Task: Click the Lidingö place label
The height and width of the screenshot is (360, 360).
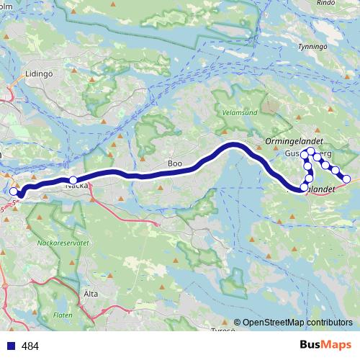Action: coord(38,73)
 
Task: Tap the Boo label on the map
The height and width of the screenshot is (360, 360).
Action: coord(174,163)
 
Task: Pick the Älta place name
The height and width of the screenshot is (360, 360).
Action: coord(91,294)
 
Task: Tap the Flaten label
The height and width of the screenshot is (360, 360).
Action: coord(62,315)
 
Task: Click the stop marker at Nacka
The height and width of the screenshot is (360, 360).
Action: coord(73,180)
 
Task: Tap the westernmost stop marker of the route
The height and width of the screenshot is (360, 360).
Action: coord(13,192)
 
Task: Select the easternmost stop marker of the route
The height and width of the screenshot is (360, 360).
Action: coord(346,179)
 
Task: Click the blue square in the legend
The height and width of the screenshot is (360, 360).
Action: coord(9,346)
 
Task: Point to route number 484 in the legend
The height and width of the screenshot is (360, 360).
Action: coord(30,346)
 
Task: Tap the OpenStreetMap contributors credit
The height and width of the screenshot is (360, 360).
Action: coord(298,323)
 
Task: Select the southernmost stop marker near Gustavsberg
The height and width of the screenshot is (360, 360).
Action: coord(304,187)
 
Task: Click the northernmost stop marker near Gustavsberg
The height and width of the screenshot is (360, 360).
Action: coord(310,151)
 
